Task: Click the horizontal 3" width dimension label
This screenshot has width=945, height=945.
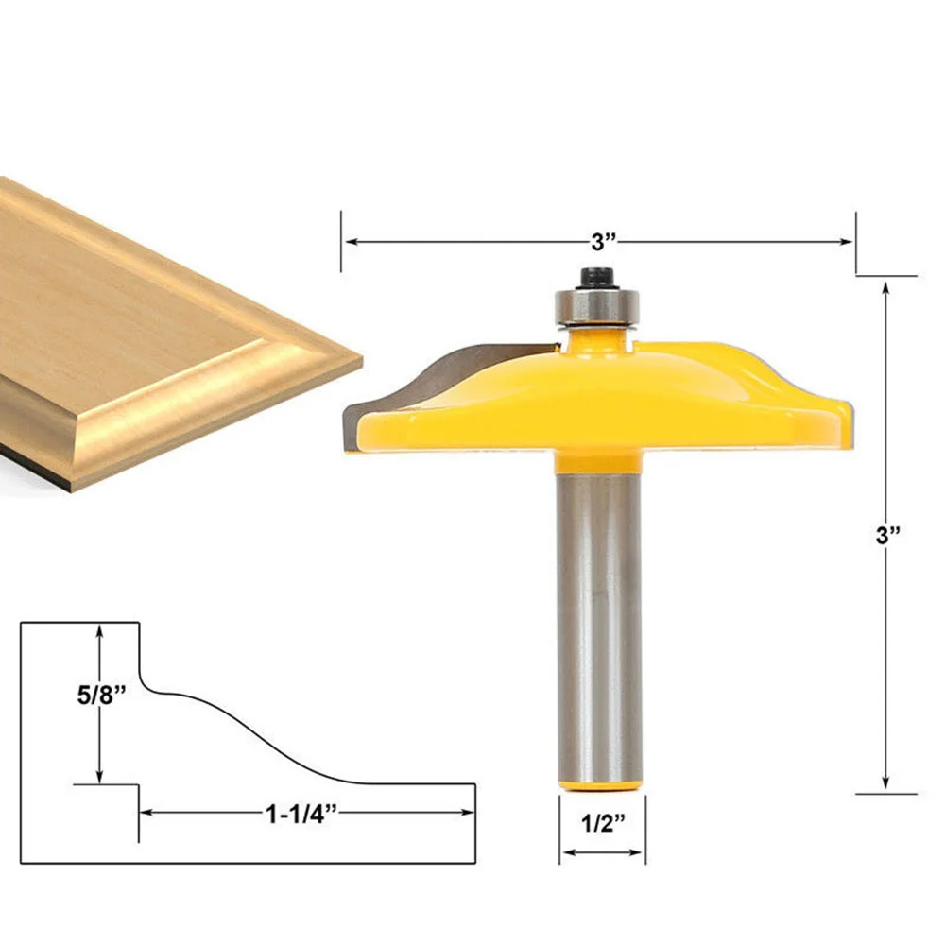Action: coord(603,242)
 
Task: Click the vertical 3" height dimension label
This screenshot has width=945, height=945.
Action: coord(887,535)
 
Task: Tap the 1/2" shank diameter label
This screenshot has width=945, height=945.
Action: coord(603,823)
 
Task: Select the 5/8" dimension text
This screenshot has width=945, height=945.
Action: coord(102,695)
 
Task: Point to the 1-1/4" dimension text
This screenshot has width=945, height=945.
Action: coord(301,815)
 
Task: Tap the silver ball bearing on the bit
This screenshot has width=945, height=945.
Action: coord(596,307)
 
